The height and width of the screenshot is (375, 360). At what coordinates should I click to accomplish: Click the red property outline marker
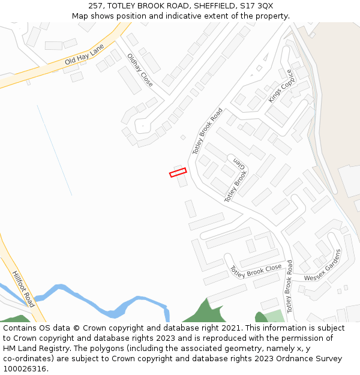click(178, 173)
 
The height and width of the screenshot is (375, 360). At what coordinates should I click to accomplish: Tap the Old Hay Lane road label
click(85, 54)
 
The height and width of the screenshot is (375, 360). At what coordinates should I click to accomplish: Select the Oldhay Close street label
click(140, 70)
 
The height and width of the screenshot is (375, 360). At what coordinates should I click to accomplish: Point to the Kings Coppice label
click(281, 86)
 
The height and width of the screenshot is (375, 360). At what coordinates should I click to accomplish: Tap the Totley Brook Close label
click(256, 270)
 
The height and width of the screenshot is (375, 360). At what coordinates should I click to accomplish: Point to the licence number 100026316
click(23, 369)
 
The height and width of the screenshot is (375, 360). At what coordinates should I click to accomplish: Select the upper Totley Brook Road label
click(208, 131)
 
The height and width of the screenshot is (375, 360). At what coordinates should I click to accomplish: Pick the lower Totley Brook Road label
click(289, 286)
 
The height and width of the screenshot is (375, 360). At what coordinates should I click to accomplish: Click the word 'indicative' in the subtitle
click(215, 16)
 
